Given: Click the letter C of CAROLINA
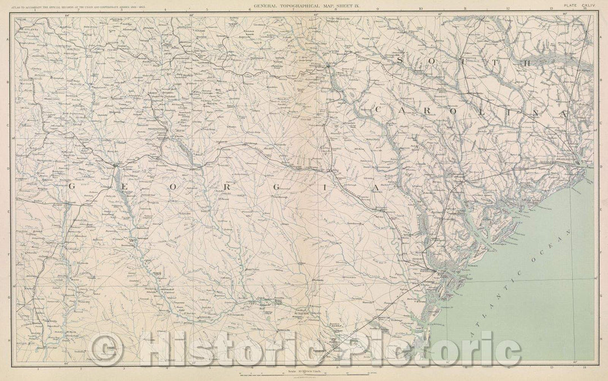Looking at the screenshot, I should click(x=381, y=107).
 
